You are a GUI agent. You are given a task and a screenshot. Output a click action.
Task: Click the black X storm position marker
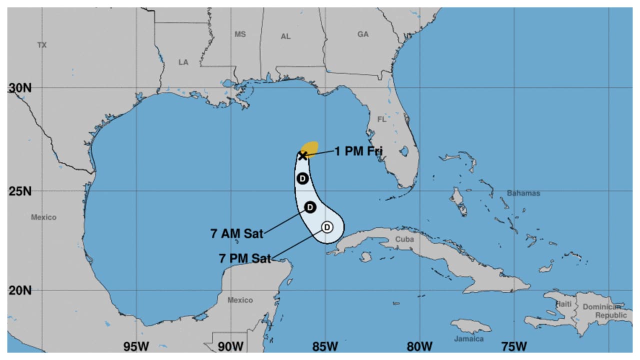click(x=302, y=156)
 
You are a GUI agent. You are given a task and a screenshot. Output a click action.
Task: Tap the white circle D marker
click(x=326, y=227)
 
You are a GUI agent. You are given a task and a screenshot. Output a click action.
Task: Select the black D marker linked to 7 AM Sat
click(x=310, y=207)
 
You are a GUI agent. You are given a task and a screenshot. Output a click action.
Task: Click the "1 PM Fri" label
click(x=358, y=150)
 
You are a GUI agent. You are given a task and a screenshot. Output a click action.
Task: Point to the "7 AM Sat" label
click(x=236, y=233)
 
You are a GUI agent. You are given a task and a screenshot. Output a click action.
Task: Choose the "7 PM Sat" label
click(x=245, y=258)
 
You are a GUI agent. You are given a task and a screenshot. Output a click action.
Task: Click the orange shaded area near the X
click(x=311, y=147)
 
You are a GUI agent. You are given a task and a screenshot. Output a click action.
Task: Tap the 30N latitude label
click(x=20, y=88)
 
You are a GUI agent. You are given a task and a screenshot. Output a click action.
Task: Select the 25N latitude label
click(x=20, y=191)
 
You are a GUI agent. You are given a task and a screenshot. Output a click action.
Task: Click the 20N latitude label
click(x=20, y=290)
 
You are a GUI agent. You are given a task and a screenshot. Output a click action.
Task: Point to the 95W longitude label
click(x=136, y=346)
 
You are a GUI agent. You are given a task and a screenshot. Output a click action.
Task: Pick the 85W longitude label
click(x=325, y=346)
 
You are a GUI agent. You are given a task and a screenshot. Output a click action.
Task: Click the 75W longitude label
click(x=514, y=346)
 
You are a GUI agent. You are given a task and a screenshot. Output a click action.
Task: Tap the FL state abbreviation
click(x=381, y=119)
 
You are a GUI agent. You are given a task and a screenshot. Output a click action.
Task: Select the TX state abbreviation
click(x=42, y=45)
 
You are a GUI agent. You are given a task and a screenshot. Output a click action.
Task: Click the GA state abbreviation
click(x=363, y=34)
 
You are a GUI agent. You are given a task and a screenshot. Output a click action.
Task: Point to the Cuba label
click(x=404, y=239)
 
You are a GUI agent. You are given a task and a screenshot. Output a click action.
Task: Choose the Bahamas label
click(x=523, y=193)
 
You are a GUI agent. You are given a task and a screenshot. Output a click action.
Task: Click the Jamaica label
click(x=469, y=338)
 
